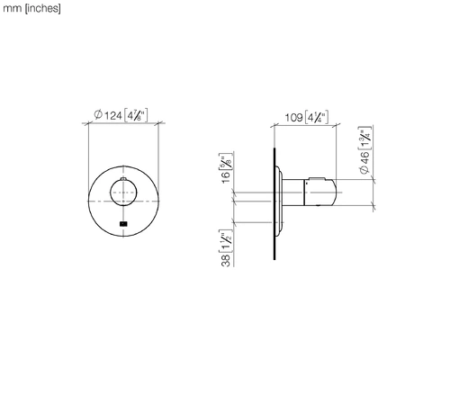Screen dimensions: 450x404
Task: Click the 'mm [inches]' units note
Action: coord(31,9)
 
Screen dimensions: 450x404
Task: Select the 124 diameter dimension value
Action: coord(113,115)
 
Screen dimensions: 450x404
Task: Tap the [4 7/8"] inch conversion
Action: coord(136,115)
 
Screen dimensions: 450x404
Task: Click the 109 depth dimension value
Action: coord(293,117)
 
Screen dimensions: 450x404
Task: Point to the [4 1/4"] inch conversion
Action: coord(317,117)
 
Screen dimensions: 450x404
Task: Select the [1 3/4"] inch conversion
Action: coord(365,138)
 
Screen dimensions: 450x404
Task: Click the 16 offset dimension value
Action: coord(226,177)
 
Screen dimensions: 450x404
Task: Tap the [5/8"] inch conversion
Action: coord(226,161)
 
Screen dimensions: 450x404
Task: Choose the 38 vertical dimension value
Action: coord(226,260)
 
